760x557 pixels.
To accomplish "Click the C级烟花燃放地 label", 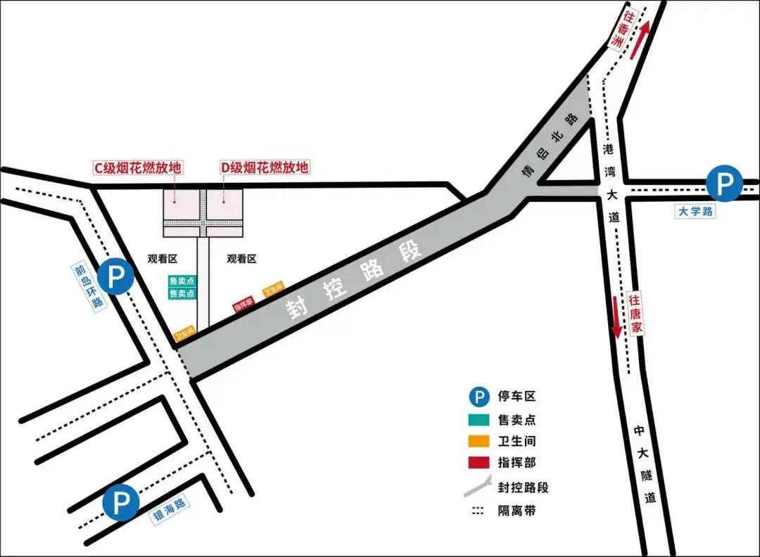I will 139,168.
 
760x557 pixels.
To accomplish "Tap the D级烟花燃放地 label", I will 265,168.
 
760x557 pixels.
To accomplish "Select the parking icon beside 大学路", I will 724,184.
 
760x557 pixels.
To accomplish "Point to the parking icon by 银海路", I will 121,503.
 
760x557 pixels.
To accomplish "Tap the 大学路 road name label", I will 696,211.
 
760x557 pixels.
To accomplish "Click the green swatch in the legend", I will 479,420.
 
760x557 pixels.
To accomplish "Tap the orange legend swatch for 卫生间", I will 479,442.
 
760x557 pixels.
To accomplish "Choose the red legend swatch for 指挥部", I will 479,463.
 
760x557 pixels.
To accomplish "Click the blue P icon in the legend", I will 479,398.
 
